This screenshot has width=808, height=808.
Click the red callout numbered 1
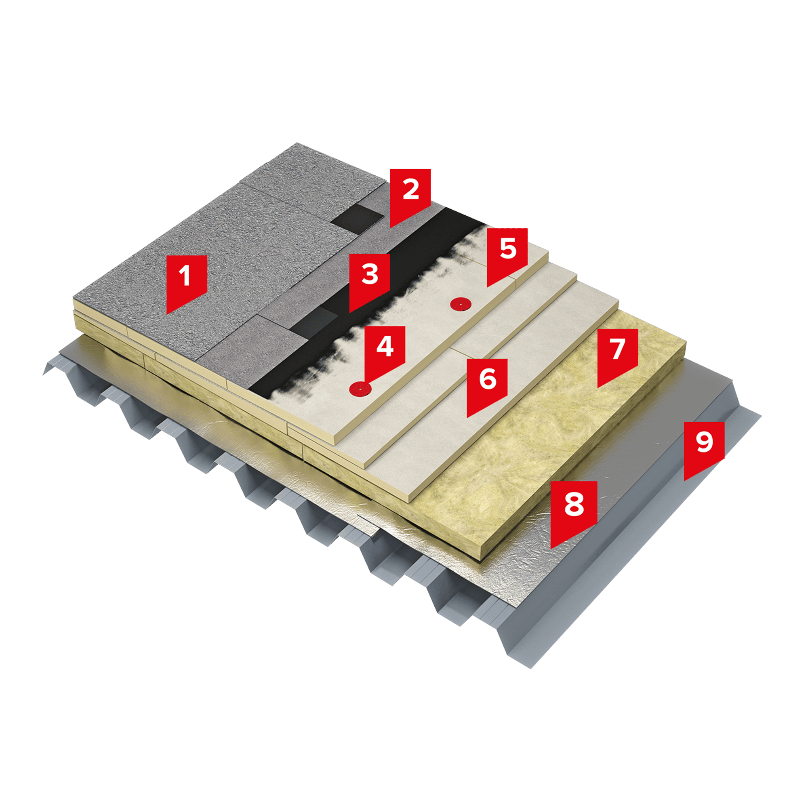point(187,280)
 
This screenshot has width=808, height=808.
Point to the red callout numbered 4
point(384,350)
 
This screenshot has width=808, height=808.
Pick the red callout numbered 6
point(487,383)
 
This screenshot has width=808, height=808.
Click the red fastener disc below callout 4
point(360,389)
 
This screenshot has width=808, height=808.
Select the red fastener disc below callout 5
point(461,304)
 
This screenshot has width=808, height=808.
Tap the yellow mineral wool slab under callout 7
point(544,439)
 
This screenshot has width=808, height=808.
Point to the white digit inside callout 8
point(573,503)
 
